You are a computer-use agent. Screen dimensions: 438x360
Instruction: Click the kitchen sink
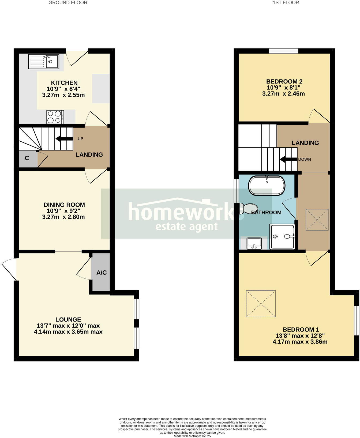pyautogui.click(x=43, y=62)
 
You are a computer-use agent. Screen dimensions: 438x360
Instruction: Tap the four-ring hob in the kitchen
pyautogui.click(x=55, y=117)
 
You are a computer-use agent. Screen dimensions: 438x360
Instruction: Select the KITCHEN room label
pyautogui.click(x=64, y=83)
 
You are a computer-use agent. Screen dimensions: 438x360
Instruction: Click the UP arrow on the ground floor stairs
pyautogui.click(x=64, y=139)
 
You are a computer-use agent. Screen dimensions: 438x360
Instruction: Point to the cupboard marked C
pyautogui.click(x=27, y=158)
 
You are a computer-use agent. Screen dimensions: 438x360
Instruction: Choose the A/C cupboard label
pyautogui.click(x=102, y=273)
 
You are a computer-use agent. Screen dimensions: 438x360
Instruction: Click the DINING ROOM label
pyautogui.click(x=64, y=205)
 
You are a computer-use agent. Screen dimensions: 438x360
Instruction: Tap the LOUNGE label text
pyautogui.click(x=68, y=319)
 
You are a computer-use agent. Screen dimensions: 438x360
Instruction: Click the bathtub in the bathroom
pyautogui.click(x=267, y=185)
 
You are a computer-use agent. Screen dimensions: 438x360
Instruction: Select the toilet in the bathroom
pyautogui.click(x=248, y=208)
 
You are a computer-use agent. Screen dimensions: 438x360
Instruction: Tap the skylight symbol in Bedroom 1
pyautogui.click(x=261, y=304)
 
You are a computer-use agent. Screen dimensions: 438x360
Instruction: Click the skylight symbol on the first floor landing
pyautogui.click(x=317, y=220)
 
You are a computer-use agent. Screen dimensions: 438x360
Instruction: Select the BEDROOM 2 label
pyautogui.click(x=284, y=81)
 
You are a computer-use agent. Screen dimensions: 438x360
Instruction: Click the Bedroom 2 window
pyautogui.click(x=284, y=51)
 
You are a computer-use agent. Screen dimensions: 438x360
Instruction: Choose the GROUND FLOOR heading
pyautogui.click(x=68, y=3)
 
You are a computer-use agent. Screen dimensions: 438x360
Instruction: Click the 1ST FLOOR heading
pyautogui.click(x=286, y=3)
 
